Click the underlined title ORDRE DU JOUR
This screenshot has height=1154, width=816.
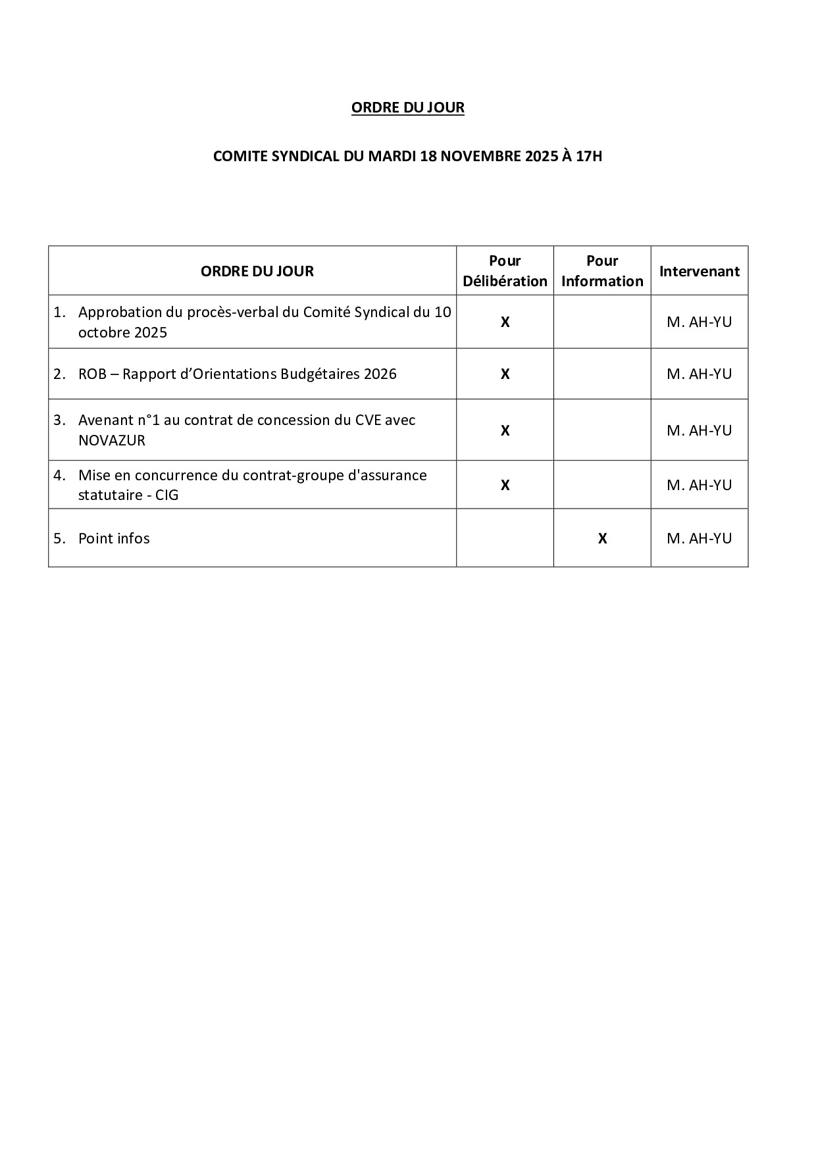(x=407, y=108)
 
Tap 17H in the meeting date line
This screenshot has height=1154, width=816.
(x=588, y=157)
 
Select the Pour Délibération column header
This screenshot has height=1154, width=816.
(x=505, y=271)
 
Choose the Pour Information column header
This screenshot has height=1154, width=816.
(x=602, y=271)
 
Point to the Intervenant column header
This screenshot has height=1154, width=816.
(x=699, y=271)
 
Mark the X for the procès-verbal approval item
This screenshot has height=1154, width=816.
(x=505, y=322)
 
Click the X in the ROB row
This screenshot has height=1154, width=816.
(x=505, y=374)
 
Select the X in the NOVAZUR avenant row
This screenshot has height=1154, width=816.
(x=505, y=431)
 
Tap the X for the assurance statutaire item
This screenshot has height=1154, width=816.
(x=505, y=486)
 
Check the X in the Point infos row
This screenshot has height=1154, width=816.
(x=602, y=539)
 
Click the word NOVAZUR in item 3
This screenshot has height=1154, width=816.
(x=111, y=441)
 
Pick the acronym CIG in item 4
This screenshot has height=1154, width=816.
(x=166, y=495)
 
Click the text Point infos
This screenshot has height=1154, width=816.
(x=114, y=539)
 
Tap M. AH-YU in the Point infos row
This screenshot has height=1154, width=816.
(x=699, y=539)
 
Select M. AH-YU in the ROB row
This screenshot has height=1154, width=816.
(x=699, y=374)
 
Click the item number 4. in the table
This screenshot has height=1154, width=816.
(x=60, y=475)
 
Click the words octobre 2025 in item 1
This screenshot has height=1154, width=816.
(x=122, y=333)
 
